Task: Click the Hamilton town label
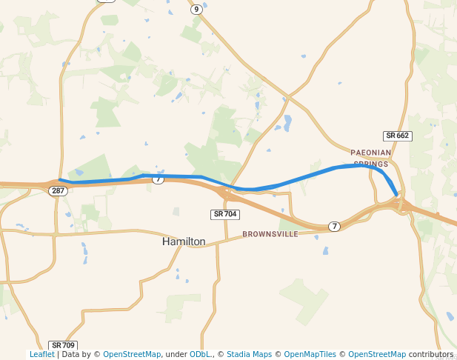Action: point(184,241)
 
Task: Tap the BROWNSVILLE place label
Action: point(270,234)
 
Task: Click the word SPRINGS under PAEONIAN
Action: point(370,164)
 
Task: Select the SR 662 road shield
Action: point(398,136)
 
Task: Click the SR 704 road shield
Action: point(224,214)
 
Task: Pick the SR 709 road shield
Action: point(64,345)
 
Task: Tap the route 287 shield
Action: point(59,191)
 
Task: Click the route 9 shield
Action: point(196,10)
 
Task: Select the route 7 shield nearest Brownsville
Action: point(335,226)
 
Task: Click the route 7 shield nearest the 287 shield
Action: point(158,179)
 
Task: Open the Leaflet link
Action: point(42,355)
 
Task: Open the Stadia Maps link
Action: point(249,355)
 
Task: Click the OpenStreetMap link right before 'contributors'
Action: point(377,355)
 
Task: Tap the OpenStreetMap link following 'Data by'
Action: point(132,355)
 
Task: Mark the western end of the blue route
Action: point(60,180)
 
